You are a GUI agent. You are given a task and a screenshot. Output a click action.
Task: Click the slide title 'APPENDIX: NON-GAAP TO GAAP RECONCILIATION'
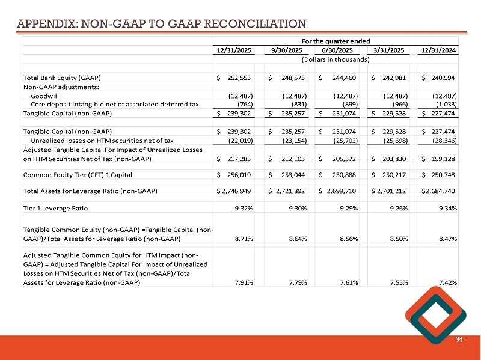[161, 24]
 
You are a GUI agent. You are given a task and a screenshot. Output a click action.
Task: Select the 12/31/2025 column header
[234, 50]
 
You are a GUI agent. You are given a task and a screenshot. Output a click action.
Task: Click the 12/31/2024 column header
[438, 50]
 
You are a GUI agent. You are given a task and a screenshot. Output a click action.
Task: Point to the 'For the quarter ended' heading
[335, 40]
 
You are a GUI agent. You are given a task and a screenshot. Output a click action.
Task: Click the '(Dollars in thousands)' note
[335, 59]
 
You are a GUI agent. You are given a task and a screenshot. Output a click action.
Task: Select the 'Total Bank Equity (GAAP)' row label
[61, 78]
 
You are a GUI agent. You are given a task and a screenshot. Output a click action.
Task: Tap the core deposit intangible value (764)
[241, 104]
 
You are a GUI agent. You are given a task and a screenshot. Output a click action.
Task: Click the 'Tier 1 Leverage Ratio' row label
[55, 208]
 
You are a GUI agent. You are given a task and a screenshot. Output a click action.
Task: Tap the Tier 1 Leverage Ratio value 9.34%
[446, 208]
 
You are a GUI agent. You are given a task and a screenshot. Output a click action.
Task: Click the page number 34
[459, 340]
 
